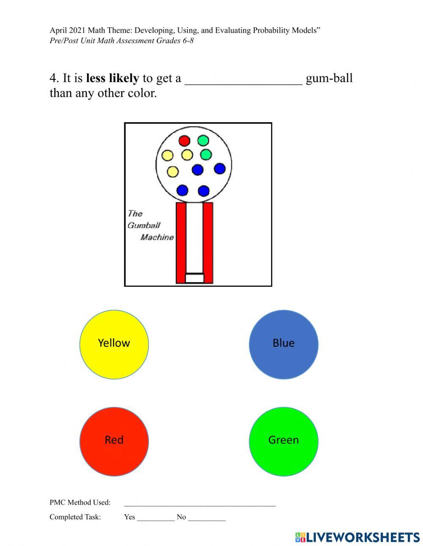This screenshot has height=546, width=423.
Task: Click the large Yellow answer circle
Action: coord(114,345)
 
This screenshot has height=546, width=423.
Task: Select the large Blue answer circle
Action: coord(283,345)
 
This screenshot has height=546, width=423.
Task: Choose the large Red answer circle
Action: coord(114,442)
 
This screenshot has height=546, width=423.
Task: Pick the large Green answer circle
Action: coord(283,442)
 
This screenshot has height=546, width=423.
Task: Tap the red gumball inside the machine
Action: coord(184,140)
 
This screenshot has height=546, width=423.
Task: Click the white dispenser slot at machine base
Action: coord(195,278)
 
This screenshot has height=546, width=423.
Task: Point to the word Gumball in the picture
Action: coord(144,225)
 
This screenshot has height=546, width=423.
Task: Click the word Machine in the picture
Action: coord(157,237)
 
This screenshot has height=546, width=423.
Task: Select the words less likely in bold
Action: coord(112,78)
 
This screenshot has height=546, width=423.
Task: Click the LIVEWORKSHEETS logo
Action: coord(357,537)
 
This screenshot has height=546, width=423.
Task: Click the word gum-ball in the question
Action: coord(329,78)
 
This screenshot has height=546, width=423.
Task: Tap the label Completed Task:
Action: coord(75,517)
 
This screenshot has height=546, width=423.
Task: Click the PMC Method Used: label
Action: coord(80,502)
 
